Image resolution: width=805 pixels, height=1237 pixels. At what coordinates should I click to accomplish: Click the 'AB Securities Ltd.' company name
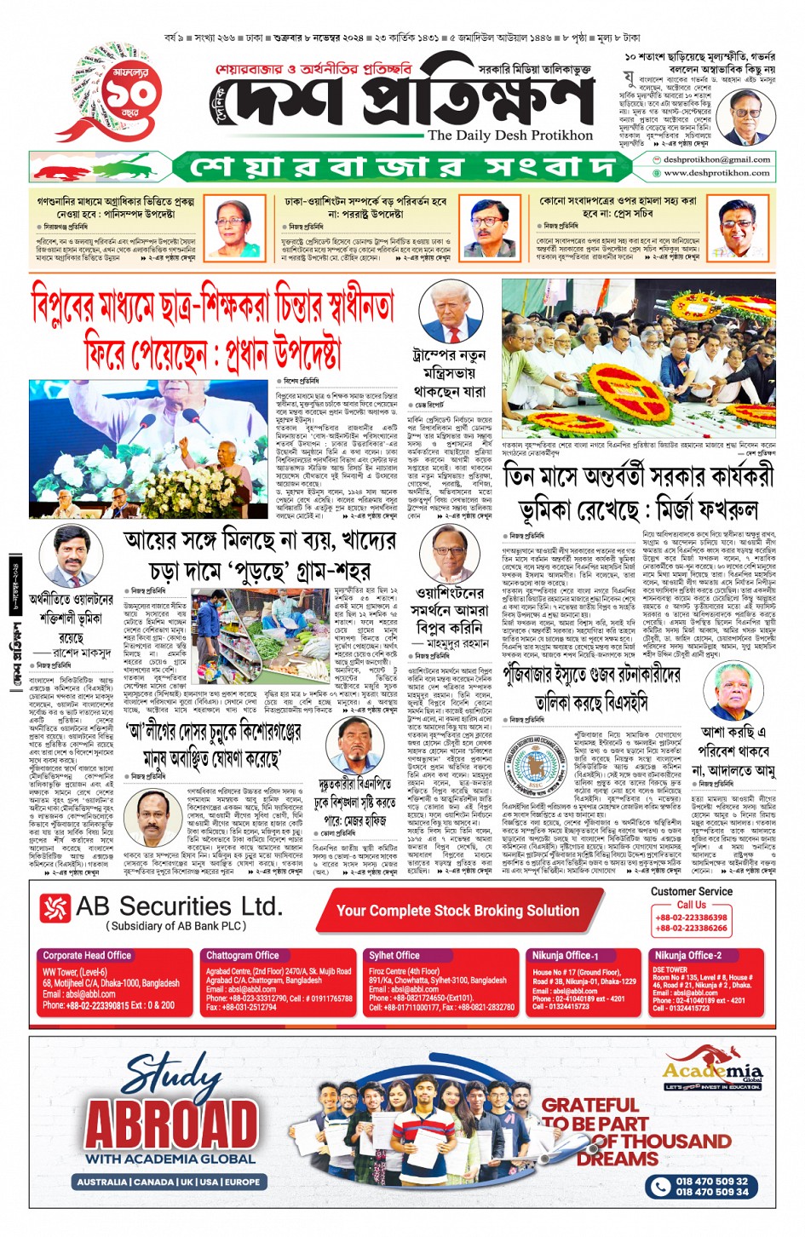click(x=178, y=906)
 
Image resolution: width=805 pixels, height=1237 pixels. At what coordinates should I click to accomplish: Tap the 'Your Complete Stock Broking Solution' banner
click(x=457, y=911)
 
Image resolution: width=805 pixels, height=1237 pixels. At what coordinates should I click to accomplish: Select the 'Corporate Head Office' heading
click(x=87, y=955)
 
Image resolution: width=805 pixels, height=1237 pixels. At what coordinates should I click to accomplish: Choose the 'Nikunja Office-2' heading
click(x=687, y=955)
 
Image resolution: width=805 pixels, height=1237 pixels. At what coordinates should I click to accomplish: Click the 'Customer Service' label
click(x=691, y=891)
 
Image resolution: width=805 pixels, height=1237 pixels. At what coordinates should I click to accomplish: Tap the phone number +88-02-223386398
click(x=691, y=918)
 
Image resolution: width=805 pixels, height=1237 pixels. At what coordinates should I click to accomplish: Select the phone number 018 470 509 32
click(x=711, y=1181)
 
